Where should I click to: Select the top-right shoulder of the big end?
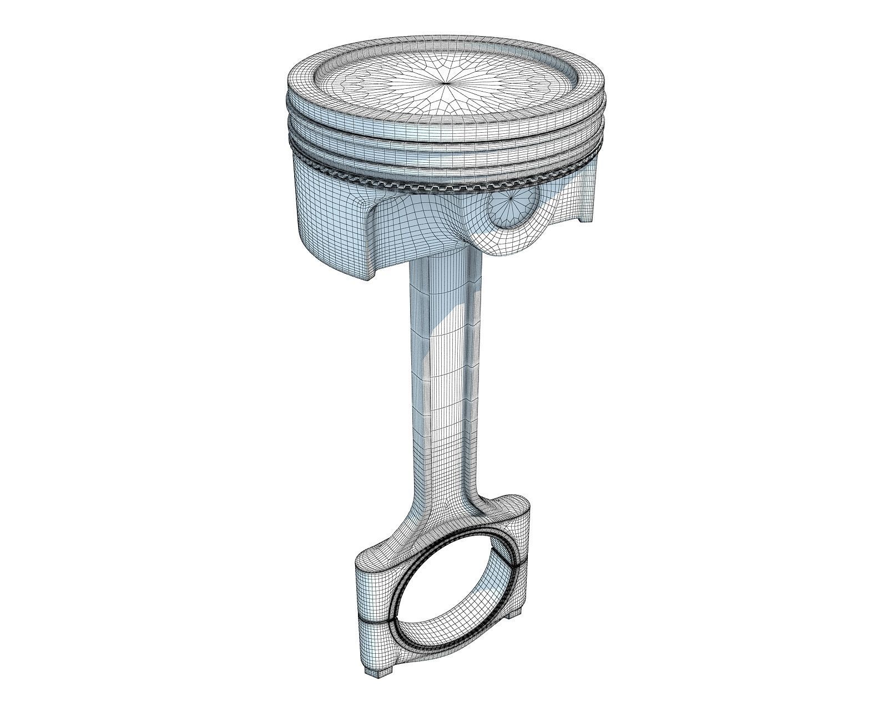point(511,508)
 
